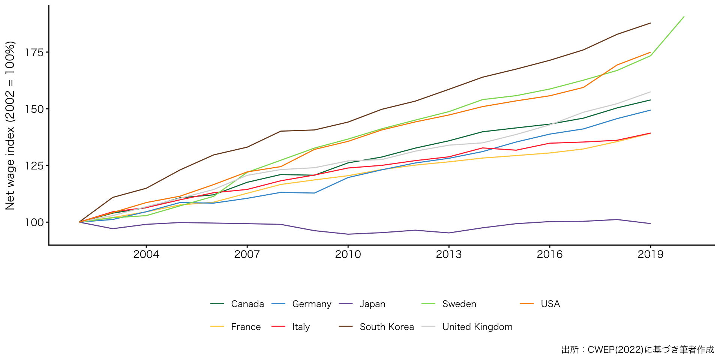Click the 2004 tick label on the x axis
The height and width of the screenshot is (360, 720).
tap(146, 254)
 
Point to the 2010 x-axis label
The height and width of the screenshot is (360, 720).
tap(348, 254)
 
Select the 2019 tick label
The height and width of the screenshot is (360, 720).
tap(650, 254)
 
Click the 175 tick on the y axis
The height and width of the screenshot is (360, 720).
tap(34, 52)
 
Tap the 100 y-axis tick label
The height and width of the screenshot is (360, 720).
tap(34, 222)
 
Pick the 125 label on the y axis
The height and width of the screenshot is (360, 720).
tap(34, 165)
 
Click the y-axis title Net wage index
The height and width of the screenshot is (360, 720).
tap(10, 125)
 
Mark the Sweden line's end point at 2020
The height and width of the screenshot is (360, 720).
tap(684, 16)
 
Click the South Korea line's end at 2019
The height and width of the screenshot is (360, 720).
tap(650, 23)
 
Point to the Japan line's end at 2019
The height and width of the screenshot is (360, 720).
tap(650, 223)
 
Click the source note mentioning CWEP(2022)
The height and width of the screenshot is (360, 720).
tap(637, 349)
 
